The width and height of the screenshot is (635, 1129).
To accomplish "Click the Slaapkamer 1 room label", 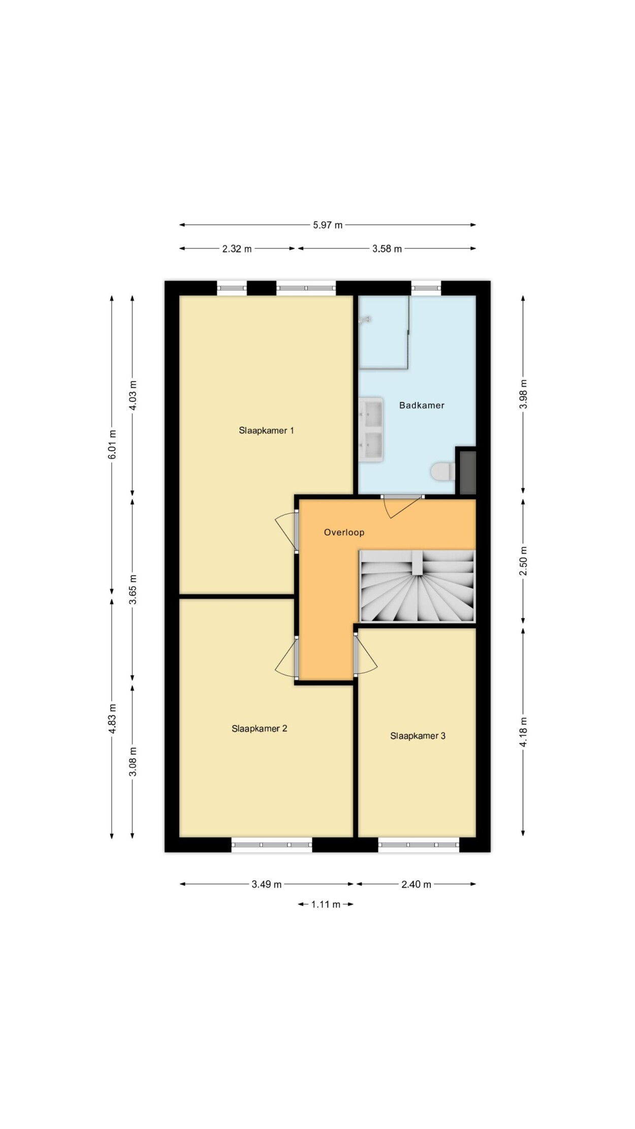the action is [266, 430].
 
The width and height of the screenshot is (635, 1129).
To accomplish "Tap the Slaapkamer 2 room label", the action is [259, 728].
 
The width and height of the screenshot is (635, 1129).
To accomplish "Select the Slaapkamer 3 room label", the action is [418, 735].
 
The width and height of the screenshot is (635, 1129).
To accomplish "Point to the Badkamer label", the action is [422, 405].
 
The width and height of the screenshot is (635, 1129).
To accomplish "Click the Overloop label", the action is [344, 532].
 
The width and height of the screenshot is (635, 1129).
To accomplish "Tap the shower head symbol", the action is [365, 319].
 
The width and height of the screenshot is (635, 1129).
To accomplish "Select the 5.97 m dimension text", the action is [328, 225].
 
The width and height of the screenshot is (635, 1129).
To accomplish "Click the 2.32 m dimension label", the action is [237, 248].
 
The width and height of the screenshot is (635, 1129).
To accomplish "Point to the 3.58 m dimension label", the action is [387, 248].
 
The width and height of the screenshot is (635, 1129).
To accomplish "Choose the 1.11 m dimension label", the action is [326, 904].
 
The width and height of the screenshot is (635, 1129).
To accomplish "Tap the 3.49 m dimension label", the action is [266, 884].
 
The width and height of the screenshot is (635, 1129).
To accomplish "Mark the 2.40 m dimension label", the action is [416, 884].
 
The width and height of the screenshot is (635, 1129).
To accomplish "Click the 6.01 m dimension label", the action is [112, 445].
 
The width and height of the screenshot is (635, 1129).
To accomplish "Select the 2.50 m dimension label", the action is [523, 561].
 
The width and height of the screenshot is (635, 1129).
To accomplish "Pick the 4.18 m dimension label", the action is [523, 732].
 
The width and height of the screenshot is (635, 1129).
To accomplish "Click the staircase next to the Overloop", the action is [417, 586].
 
